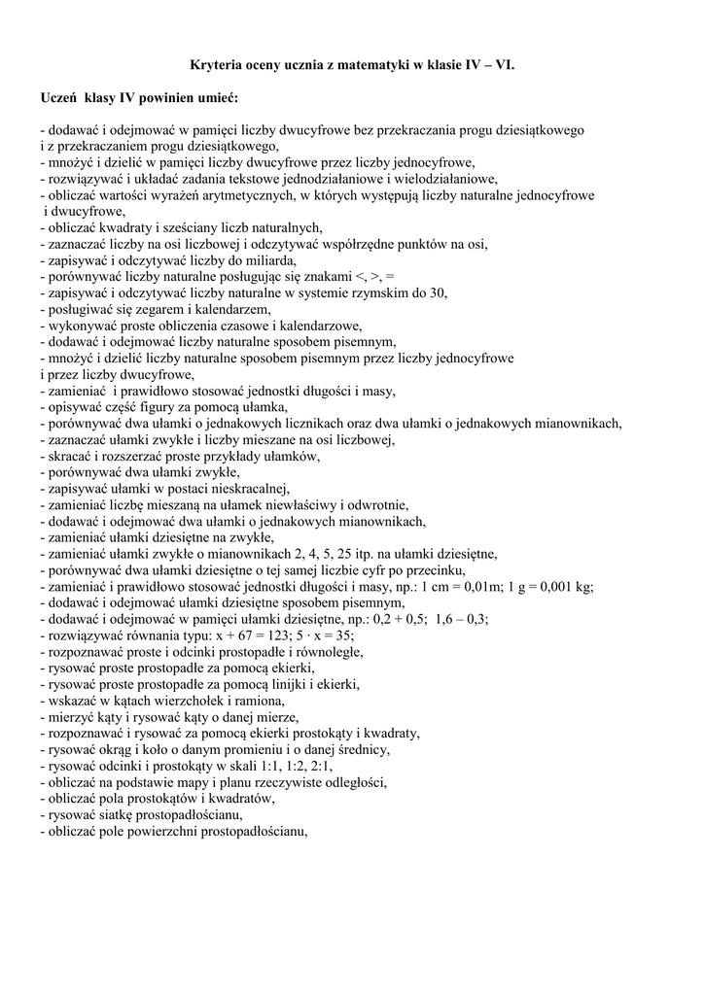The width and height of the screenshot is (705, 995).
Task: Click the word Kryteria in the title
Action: click(214, 66)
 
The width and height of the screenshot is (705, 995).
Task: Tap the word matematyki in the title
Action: click(367, 66)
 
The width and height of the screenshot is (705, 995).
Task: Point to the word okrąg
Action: click(112, 749)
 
